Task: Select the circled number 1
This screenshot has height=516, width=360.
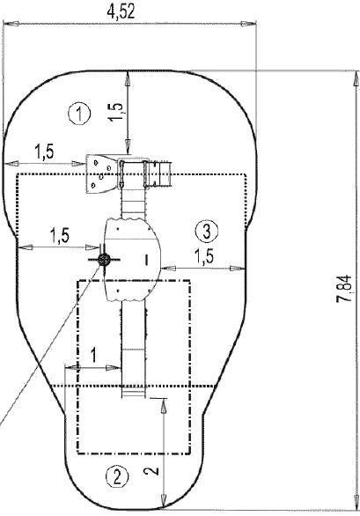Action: click(80, 113)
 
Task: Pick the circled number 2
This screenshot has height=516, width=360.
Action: click(116, 476)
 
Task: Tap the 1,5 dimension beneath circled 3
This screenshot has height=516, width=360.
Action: click(203, 255)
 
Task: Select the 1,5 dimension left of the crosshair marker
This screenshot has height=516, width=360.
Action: click(60, 235)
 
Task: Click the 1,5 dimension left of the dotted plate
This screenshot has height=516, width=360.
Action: click(45, 151)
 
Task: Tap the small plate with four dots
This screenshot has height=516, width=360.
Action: click(104, 169)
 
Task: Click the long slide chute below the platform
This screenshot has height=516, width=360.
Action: click(132, 348)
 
